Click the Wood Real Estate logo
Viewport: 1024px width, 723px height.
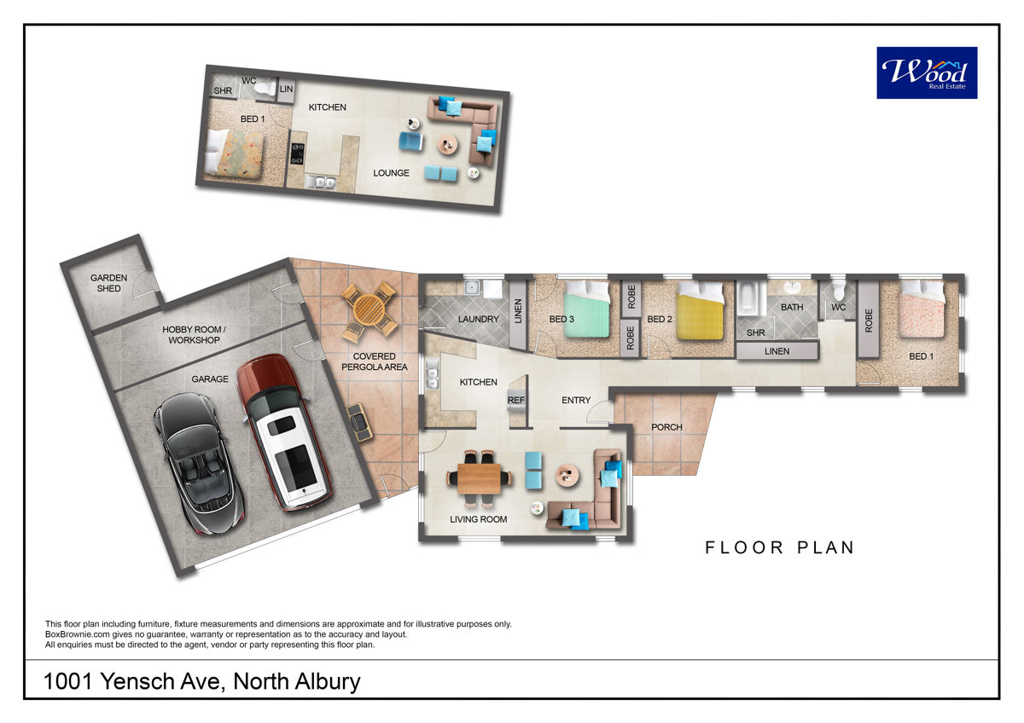[x=927, y=72]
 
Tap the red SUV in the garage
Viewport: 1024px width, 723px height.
[x=283, y=431]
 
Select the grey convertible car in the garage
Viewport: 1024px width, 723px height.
[x=199, y=463]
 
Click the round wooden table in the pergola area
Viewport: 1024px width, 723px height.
[x=369, y=309]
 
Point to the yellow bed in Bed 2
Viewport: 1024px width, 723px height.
[x=700, y=310]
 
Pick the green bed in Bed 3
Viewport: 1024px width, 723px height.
[x=587, y=309]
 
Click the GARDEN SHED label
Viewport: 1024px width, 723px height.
[x=109, y=283]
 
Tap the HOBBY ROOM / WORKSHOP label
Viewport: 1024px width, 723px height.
[x=195, y=335]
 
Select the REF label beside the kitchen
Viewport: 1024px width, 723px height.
[x=516, y=400]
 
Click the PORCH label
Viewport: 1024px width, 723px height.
[x=666, y=427]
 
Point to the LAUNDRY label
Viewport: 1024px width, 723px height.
[x=478, y=319]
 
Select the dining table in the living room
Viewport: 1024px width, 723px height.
[x=480, y=478]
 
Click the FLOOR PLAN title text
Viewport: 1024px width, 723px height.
[x=780, y=547]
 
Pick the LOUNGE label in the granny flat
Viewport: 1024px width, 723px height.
[x=391, y=173]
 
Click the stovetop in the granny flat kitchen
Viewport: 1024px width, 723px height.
[x=297, y=153]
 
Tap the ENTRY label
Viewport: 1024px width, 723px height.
[x=576, y=400]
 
